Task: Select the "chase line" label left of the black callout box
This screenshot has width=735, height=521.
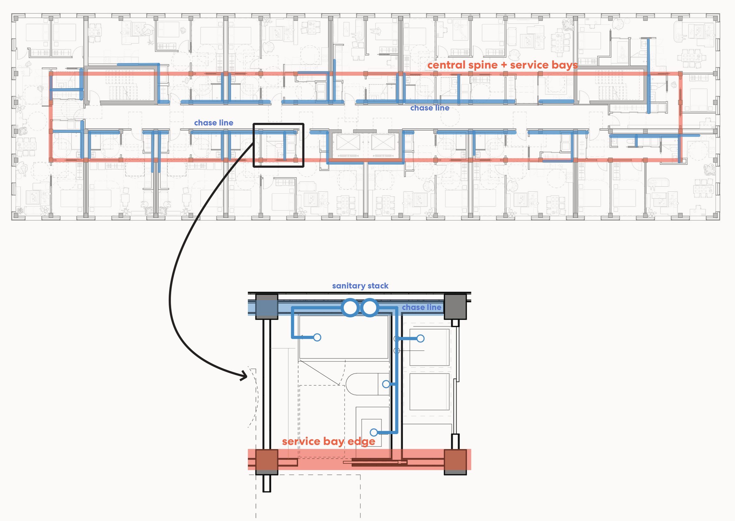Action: [213, 123]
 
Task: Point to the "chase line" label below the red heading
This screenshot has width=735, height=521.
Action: [430, 108]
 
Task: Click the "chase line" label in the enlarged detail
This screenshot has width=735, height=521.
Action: [421, 307]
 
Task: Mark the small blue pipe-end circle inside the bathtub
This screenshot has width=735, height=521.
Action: [317, 337]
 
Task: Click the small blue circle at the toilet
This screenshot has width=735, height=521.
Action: [386, 384]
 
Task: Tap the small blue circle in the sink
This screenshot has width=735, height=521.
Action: [374, 432]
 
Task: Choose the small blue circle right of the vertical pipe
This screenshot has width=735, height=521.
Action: [421, 338]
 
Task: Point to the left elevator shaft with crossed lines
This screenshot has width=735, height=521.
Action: [348, 142]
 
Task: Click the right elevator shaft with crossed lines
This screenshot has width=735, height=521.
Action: [383, 142]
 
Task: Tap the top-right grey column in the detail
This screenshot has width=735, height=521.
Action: [455, 307]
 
